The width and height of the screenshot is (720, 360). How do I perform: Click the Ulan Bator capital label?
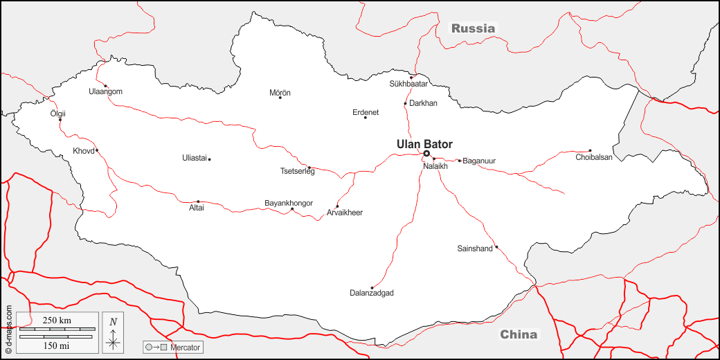click(x=424, y=144)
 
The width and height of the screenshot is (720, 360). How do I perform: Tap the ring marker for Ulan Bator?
click(x=426, y=154)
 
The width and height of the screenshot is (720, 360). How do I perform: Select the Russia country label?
click(x=474, y=28)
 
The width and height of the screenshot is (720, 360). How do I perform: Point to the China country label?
click(x=519, y=334)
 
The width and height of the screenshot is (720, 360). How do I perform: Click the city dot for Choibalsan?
click(x=590, y=150)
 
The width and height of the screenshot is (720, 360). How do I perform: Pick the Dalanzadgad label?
click(x=372, y=294)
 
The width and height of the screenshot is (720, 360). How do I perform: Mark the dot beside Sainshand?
click(x=496, y=246)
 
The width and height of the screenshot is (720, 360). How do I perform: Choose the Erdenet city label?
click(x=366, y=112)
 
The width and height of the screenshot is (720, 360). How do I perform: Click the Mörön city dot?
click(x=280, y=98)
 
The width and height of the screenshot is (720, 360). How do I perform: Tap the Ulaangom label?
click(x=105, y=91)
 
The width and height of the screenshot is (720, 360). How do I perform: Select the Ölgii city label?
click(x=58, y=114)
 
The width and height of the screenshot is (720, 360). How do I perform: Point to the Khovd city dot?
click(x=97, y=150)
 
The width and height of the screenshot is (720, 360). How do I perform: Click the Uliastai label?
click(x=195, y=158)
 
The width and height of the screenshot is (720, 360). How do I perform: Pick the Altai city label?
click(x=197, y=208)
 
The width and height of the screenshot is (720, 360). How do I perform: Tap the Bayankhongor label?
click(x=289, y=203)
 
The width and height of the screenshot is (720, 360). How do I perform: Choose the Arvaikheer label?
click(x=345, y=213)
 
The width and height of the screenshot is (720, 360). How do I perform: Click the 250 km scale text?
click(x=57, y=320)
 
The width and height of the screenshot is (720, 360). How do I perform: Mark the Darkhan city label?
click(x=424, y=103)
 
